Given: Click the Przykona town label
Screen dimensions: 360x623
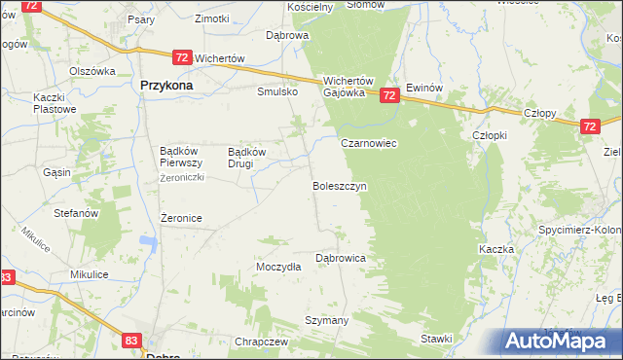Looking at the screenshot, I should pos(165,86).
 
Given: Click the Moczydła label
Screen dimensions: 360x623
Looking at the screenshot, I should pos(278,267).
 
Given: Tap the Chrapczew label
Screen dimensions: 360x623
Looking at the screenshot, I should pos(261,342).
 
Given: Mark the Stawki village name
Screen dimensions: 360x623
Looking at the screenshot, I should pos(437,339).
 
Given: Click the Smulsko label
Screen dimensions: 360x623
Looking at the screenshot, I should pos(275,92).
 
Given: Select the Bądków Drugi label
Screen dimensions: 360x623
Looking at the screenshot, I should pos(246,158).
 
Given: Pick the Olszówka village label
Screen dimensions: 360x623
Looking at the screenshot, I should pos(92,71).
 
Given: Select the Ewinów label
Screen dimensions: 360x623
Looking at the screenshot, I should pos(425,87).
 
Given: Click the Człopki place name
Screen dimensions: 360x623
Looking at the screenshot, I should pos(489,135).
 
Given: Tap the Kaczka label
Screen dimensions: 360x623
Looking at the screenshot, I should pos(496,250).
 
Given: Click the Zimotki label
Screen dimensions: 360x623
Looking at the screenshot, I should pos(211,18).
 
